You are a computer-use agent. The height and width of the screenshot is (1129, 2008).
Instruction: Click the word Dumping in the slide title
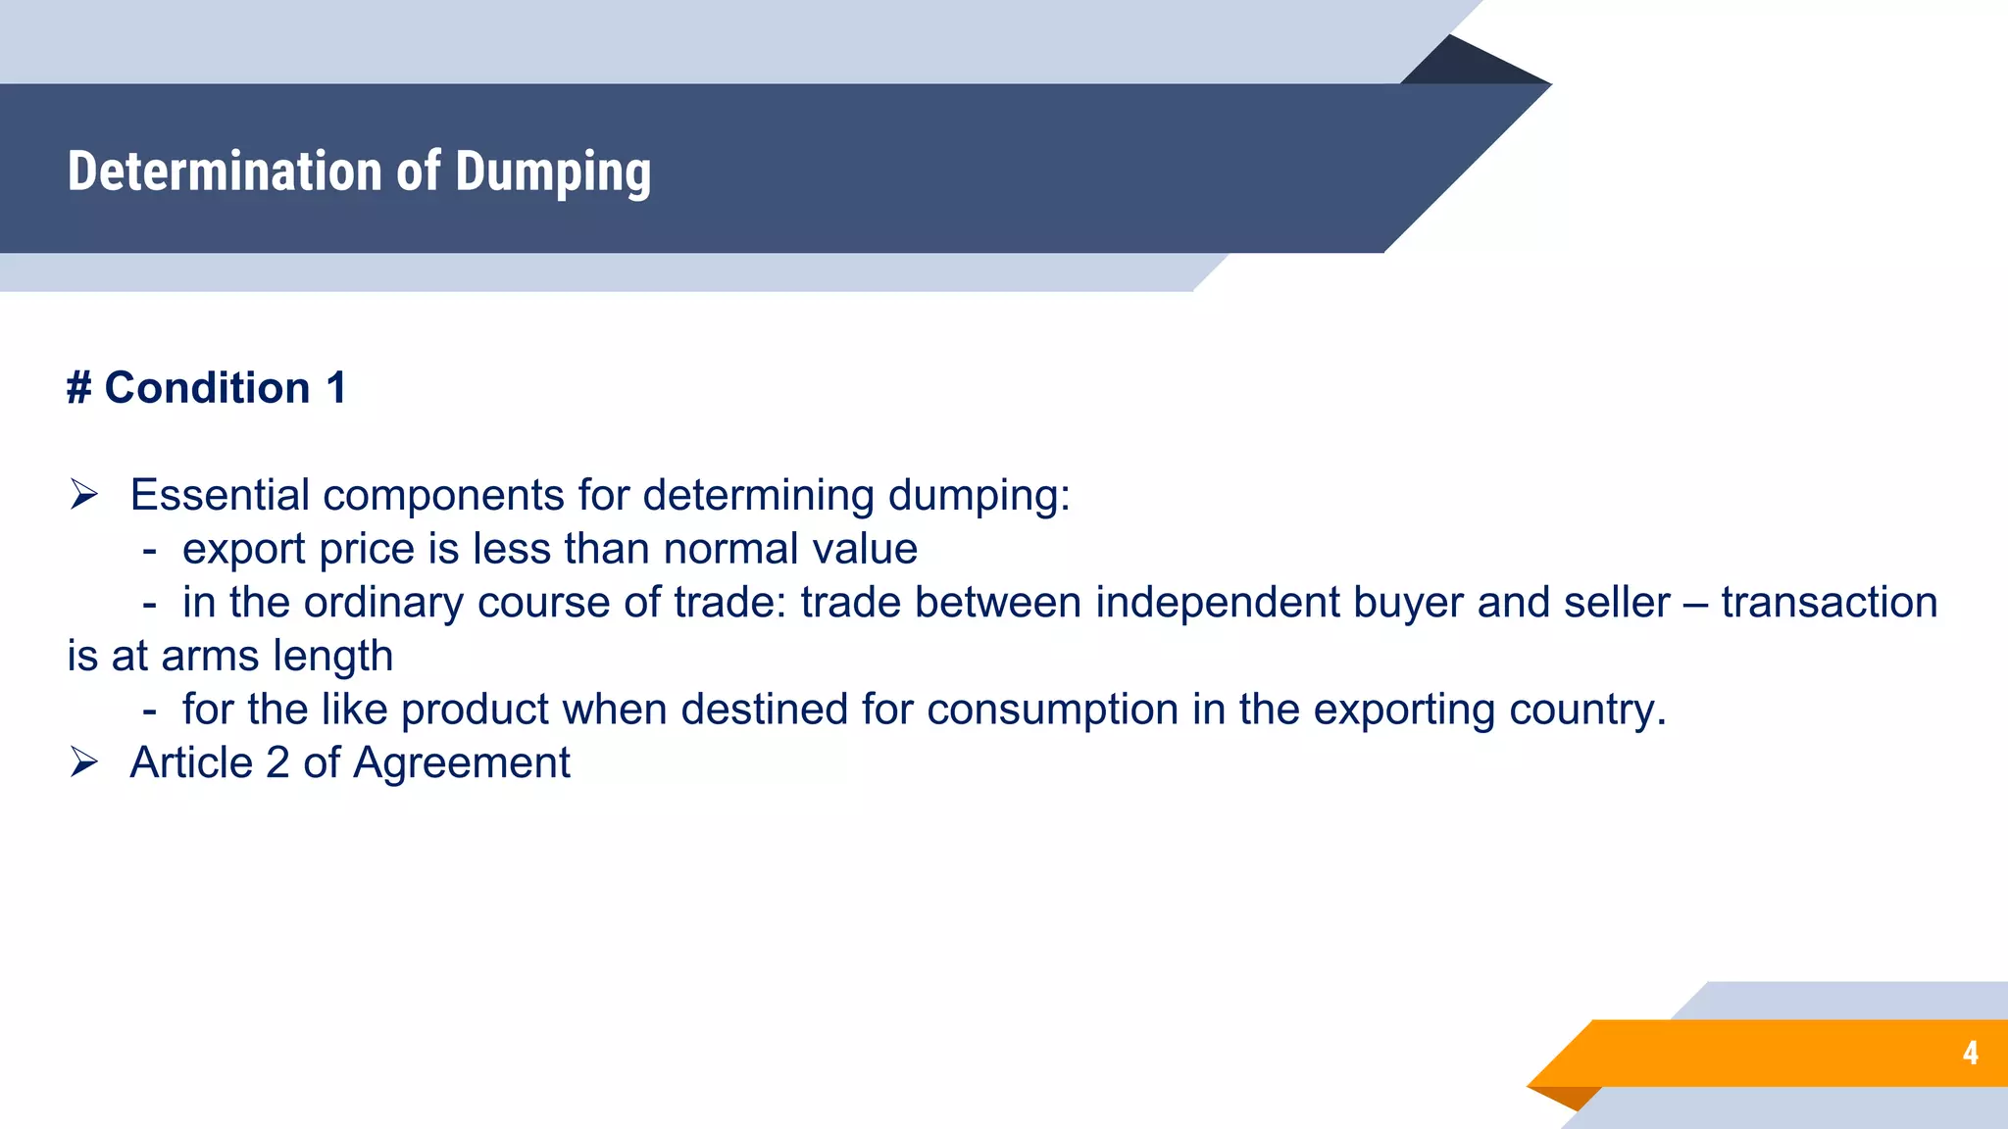553,172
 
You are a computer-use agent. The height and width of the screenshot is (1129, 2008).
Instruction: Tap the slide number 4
1970,1053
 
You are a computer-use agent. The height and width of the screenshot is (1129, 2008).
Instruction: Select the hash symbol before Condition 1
78,388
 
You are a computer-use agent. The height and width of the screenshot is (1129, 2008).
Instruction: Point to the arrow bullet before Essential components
84,495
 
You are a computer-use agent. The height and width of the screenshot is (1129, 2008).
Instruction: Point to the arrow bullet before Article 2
84,762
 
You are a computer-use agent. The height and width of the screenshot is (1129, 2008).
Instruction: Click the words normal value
790,549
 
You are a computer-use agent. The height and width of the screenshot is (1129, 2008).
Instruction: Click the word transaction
1829,603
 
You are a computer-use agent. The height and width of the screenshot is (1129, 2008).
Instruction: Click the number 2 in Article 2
277,762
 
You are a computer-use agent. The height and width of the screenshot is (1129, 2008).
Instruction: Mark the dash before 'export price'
149,550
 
